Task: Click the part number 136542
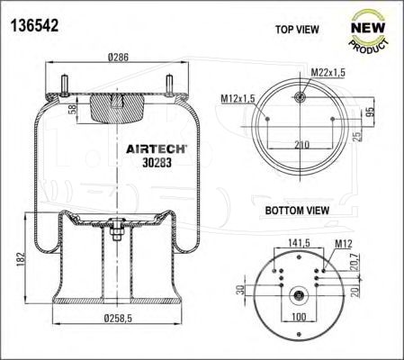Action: (35, 25)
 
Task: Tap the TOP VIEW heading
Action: (297, 30)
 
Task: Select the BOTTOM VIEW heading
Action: (297, 211)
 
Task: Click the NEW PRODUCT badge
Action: (368, 32)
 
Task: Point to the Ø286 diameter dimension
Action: (118, 57)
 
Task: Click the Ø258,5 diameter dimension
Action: (118, 318)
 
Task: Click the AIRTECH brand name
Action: (157, 149)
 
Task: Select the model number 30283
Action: (157, 163)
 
